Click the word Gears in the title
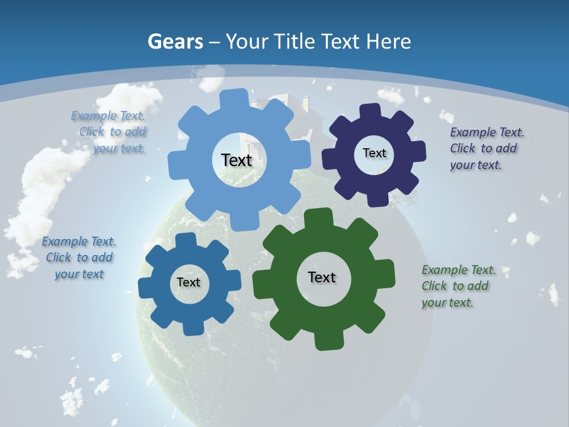click(x=175, y=42)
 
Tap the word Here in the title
click(x=388, y=42)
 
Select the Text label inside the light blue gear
click(x=236, y=160)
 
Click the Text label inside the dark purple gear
click(x=374, y=153)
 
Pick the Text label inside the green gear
click(x=322, y=277)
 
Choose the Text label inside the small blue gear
click(x=188, y=282)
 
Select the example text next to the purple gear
click(x=487, y=149)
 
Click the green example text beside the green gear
click(x=458, y=286)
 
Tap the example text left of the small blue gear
click(x=79, y=257)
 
